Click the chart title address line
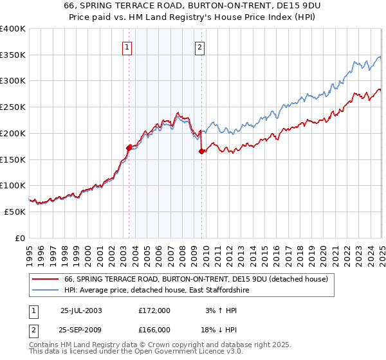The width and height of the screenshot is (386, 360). (192, 5)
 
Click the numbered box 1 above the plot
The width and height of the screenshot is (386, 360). (127, 46)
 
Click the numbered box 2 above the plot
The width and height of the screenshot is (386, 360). (200, 46)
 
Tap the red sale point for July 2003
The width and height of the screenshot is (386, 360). (129, 147)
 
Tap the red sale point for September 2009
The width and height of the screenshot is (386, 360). (202, 151)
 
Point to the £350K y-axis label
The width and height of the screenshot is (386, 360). (13, 55)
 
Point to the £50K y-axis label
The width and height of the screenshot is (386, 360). (15, 212)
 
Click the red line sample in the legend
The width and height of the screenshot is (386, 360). (45, 280)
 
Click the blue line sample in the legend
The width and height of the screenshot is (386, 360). (45, 291)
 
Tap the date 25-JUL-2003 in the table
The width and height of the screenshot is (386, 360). (81, 310)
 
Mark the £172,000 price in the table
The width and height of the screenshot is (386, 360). (154, 310)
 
